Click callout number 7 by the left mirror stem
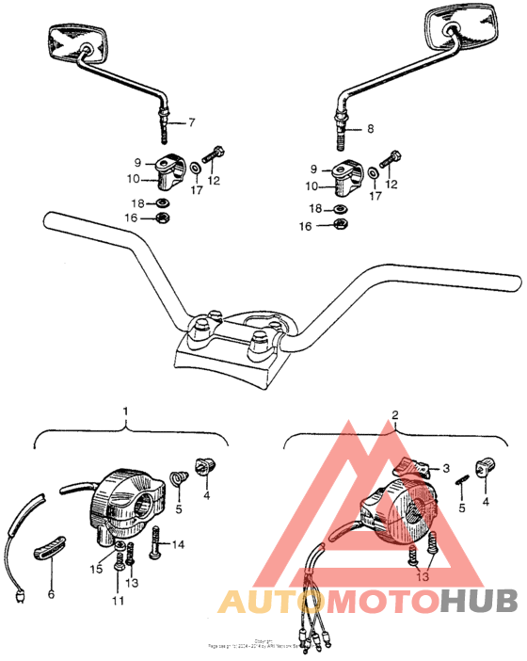click(192, 123)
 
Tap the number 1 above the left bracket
click(126, 411)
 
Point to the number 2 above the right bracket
click(395, 414)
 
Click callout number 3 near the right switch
click(446, 467)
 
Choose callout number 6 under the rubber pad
click(51, 594)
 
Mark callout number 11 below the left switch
click(118, 601)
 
